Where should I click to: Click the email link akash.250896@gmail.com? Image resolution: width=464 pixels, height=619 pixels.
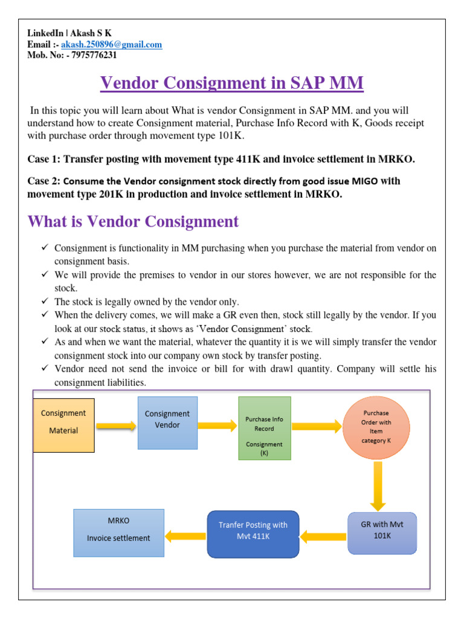tap(111, 45)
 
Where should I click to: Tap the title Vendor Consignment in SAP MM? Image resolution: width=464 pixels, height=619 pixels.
tap(232, 83)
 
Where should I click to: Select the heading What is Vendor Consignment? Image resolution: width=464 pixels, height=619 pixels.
tap(133, 222)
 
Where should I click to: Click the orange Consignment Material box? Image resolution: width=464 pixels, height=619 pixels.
tap(63, 425)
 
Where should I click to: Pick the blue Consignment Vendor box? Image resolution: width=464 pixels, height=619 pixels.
tap(167, 423)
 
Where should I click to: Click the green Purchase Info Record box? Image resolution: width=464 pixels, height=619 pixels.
tap(265, 428)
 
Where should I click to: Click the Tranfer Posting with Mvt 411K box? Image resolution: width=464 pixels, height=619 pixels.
tap(253, 534)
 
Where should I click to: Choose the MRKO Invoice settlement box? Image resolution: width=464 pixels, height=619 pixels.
tap(118, 532)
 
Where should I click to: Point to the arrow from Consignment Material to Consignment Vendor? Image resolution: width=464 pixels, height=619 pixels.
tap(115, 427)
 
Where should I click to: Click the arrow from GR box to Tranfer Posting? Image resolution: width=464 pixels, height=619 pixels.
tap(323, 535)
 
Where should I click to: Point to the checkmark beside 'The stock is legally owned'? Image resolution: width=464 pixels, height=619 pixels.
tap(45, 301)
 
